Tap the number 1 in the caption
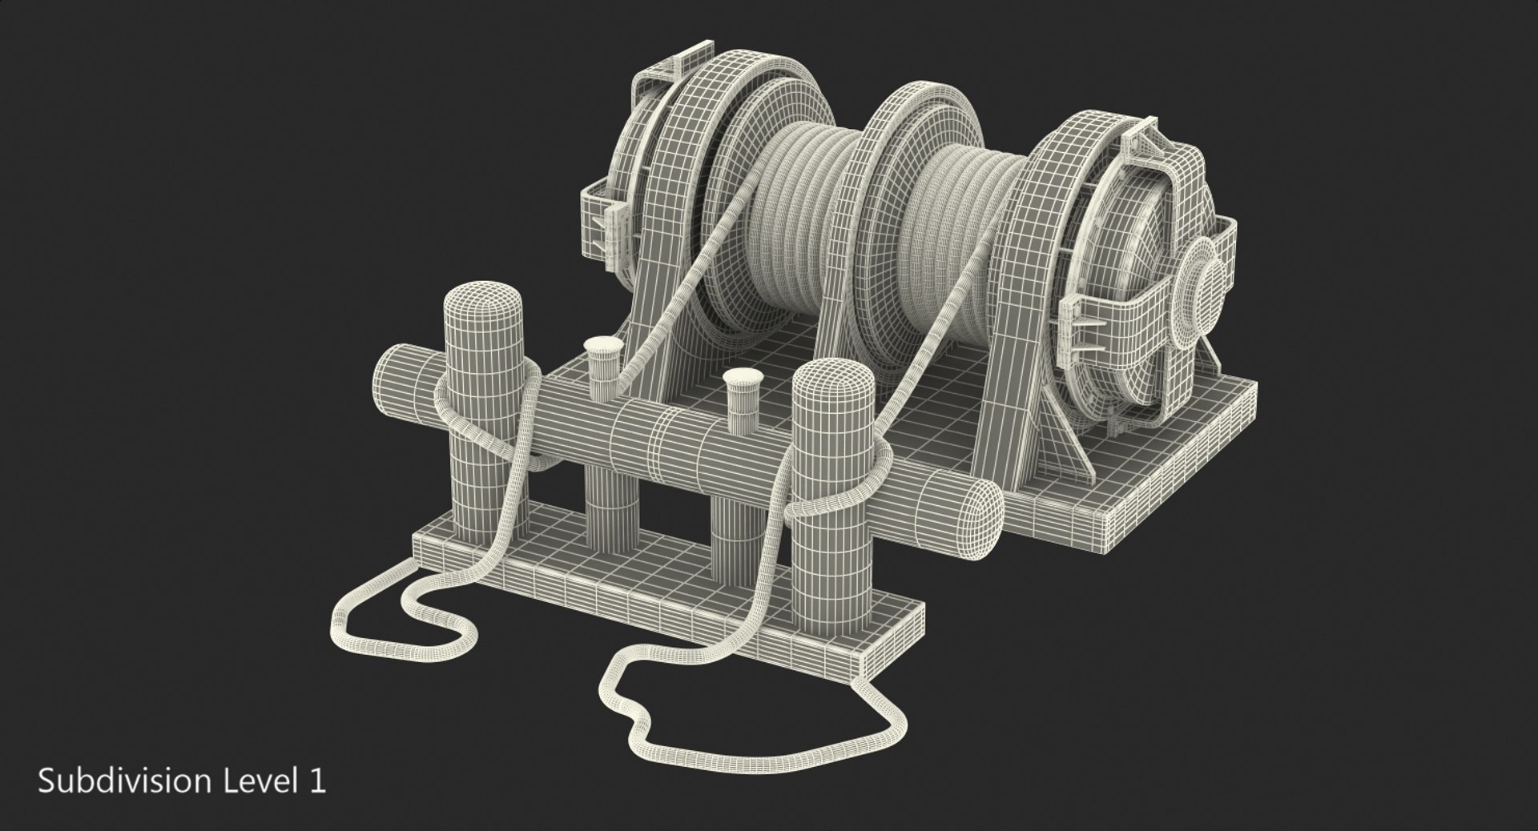pos(318,781)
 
